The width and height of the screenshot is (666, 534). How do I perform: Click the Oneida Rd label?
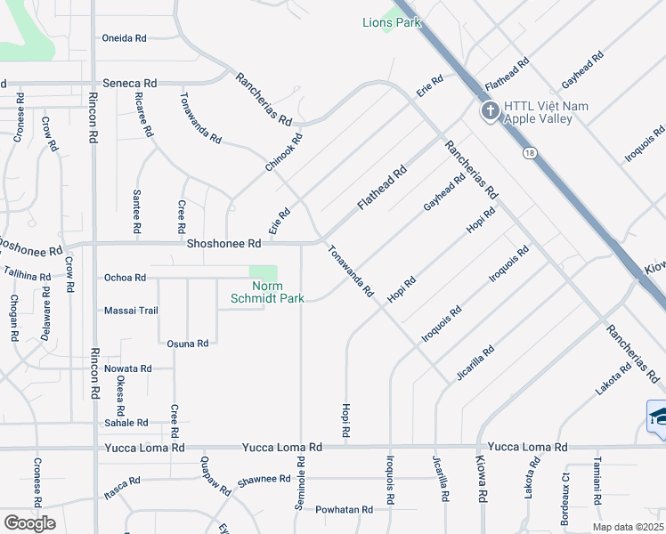pos(125,38)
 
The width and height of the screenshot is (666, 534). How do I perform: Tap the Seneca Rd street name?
pos(130,83)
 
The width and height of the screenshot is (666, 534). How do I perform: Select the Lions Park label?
pos(391,22)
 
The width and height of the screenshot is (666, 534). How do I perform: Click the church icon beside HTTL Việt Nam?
pos(488,112)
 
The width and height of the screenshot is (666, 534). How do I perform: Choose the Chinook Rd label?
pos(284,153)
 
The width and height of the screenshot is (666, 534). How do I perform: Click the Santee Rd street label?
pos(137,212)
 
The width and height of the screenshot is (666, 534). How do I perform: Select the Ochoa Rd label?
pos(125,278)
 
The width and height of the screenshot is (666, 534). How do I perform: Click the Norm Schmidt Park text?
pos(266,292)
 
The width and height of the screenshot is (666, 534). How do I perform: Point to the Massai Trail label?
pos(131,311)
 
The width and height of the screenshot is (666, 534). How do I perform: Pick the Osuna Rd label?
pos(188,343)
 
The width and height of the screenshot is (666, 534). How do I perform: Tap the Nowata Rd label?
pos(127,368)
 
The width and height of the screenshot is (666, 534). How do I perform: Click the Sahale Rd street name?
pos(126,423)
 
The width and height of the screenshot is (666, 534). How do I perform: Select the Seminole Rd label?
pos(299,483)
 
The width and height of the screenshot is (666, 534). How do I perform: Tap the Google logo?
pos(29,523)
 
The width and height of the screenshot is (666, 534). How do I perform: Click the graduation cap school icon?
pos(659,416)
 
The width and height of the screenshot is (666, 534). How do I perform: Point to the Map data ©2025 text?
pos(627,527)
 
